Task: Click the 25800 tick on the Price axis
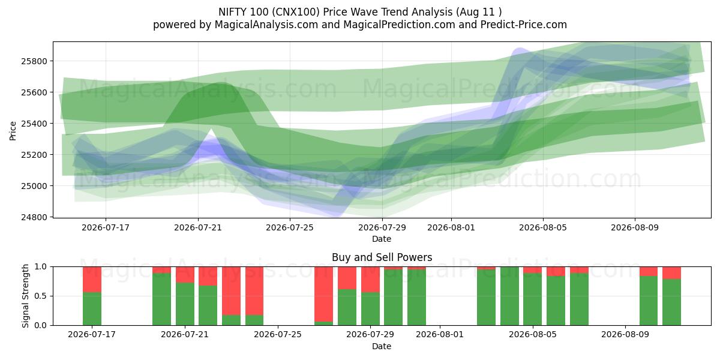pos(34,61)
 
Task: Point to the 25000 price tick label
pos(34,186)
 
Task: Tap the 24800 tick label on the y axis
pos(34,217)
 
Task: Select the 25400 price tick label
pos(34,124)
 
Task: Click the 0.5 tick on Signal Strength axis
pos(40,296)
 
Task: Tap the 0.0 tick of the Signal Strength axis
pos(40,325)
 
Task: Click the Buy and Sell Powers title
pos(382,257)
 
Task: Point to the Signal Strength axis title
pos(25,296)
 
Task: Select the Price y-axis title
pos(13,131)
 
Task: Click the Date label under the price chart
pos(382,239)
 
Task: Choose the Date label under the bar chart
pos(382,346)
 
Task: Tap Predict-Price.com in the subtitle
pos(524,25)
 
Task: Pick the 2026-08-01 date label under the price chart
pos(451,227)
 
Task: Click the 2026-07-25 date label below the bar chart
pos(278,334)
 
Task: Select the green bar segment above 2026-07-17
pos(92,308)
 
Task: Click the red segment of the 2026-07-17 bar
pos(92,280)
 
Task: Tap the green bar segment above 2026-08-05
pos(533,299)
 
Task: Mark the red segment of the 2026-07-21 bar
pos(185,275)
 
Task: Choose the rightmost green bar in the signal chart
pos(671,302)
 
